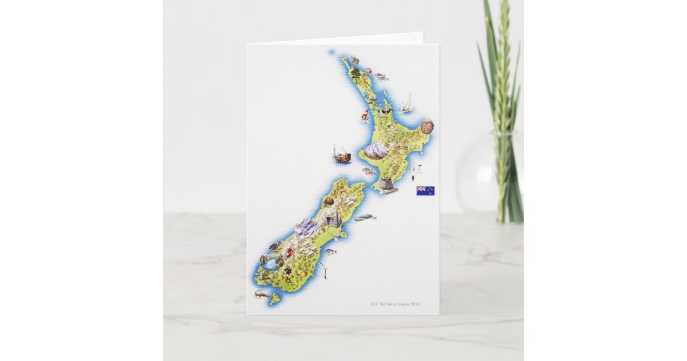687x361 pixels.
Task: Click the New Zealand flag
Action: click(425, 191)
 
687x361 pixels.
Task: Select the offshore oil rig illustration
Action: click(341, 155)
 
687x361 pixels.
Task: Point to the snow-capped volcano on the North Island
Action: click(376, 151)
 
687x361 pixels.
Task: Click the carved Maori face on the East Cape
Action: click(427, 127)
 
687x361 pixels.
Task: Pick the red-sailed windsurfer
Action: click(365, 116)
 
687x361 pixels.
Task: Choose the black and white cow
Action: click(379, 112)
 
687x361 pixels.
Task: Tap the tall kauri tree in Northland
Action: click(356, 74)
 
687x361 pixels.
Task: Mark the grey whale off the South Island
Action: click(365, 217)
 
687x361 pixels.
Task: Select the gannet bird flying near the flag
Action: click(415, 170)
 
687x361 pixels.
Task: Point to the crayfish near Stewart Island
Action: click(261, 295)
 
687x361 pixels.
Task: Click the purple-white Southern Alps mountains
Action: click(306, 228)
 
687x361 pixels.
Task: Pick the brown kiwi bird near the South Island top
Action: click(329, 202)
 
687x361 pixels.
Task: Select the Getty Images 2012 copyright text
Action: click(395, 304)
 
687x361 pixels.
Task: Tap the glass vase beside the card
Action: click(489, 172)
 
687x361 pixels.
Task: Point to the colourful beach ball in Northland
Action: click(368, 71)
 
